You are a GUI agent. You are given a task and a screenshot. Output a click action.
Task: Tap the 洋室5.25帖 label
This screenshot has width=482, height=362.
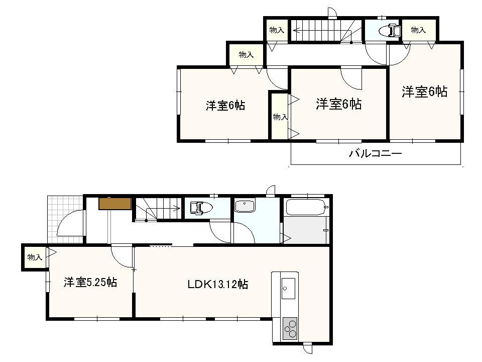90,283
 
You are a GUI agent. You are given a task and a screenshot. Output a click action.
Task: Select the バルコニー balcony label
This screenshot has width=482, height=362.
376,153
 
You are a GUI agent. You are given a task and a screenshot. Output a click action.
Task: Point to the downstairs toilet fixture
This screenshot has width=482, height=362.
200,207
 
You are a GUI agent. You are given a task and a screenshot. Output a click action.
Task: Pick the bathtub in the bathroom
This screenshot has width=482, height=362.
306,207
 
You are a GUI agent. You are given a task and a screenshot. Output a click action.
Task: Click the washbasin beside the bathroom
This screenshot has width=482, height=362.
244,206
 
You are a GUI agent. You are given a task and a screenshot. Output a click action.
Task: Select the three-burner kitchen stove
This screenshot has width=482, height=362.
289,329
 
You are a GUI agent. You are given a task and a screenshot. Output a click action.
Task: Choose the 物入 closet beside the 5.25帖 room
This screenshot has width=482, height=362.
34,257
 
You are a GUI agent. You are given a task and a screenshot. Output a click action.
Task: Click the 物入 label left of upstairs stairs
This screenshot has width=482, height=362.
277,30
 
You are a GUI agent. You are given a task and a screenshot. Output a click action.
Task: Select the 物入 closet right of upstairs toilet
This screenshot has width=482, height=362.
418,30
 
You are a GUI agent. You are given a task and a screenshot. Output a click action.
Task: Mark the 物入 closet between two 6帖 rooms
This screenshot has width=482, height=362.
280,117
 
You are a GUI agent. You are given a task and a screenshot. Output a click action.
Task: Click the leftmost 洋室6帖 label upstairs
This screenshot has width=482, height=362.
225,106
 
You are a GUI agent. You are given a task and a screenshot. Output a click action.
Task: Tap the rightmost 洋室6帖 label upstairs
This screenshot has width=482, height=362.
424,92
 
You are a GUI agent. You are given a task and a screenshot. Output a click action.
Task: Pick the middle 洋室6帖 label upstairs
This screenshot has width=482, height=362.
338,104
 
